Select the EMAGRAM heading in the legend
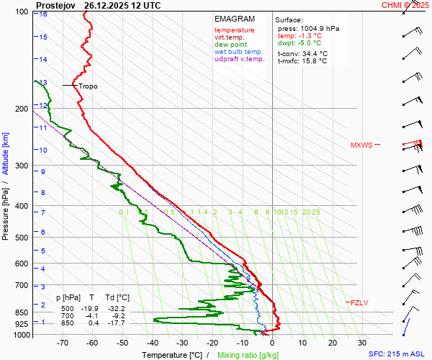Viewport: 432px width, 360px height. [234, 19]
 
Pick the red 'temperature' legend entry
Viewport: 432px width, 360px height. [234, 30]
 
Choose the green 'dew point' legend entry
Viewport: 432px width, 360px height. [230, 45]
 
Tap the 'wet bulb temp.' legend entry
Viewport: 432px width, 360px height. [239, 52]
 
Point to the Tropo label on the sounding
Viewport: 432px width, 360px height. [88, 86]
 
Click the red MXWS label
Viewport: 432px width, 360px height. [361, 145]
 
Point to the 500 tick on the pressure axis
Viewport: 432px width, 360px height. [21, 238]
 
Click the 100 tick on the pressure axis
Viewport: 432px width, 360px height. [21, 12]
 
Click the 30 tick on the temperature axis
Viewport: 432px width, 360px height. [361, 343]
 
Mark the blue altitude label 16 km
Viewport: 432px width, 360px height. [43, 14]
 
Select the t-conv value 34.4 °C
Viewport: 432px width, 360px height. [312, 53]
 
